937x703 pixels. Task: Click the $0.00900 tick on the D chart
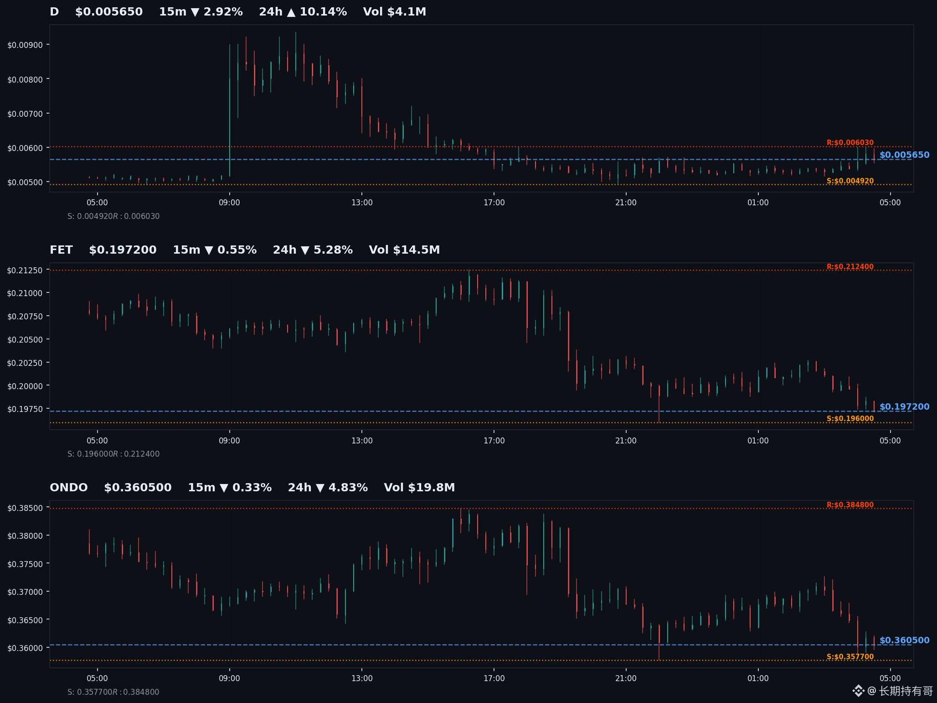coord(25,45)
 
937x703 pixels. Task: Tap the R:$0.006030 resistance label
coord(850,143)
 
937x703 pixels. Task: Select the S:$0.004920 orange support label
coord(850,181)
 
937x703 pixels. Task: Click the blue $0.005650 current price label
coord(904,155)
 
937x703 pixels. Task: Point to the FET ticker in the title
coord(61,250)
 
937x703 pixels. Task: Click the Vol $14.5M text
coord(404,250)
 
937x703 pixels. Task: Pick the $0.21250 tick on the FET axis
coord(25,270)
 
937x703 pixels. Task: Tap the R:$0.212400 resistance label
coord(850,267)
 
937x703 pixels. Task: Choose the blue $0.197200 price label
coord(904,407)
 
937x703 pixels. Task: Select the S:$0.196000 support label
coord(850,419)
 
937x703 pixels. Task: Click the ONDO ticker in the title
coord(69,488)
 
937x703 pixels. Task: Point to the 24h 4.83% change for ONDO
coord(328,488)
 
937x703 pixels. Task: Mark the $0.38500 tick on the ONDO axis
coord(25,508)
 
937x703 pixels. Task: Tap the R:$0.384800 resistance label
coord(850,505)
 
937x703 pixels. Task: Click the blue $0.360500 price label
coord(904,641)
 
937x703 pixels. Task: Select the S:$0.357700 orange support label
coord(850,657)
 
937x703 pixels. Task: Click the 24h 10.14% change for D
coord(303,12)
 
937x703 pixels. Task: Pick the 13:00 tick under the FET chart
coord(362,441)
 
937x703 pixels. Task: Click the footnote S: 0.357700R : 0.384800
coord(113,692)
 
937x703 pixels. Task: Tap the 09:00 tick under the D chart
coord(229,203)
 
